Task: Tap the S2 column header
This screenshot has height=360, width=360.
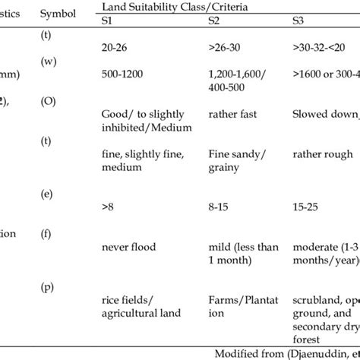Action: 214,21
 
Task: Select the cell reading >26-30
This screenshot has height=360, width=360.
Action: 225,46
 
